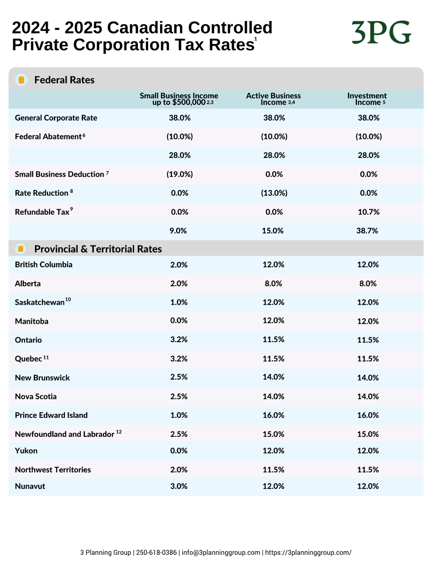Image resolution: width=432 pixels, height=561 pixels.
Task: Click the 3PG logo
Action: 381,32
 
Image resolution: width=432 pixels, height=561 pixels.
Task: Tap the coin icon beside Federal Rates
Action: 21,80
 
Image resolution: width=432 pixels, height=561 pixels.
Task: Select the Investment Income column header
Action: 367,99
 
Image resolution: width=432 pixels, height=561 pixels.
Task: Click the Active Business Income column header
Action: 273,99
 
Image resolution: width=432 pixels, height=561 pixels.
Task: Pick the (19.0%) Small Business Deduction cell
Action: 179,174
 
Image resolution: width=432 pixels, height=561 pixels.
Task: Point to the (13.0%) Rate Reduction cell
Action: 274,193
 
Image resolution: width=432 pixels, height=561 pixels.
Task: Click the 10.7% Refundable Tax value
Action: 369,212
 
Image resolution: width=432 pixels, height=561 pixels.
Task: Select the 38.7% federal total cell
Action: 367,231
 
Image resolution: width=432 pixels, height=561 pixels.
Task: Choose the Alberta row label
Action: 28,283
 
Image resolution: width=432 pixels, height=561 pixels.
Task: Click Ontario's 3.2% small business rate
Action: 179,339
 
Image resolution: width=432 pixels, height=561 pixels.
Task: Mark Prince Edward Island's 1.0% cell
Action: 179,415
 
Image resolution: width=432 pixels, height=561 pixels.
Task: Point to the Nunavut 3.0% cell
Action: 179,486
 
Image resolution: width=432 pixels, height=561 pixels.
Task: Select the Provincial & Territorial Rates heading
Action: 98,249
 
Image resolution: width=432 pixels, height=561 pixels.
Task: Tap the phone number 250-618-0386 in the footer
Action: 156,552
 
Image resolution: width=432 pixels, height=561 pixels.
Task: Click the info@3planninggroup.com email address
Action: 221,552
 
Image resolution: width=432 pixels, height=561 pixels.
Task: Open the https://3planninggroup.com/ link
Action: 308,552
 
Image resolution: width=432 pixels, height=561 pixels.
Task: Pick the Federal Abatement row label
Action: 50,136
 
